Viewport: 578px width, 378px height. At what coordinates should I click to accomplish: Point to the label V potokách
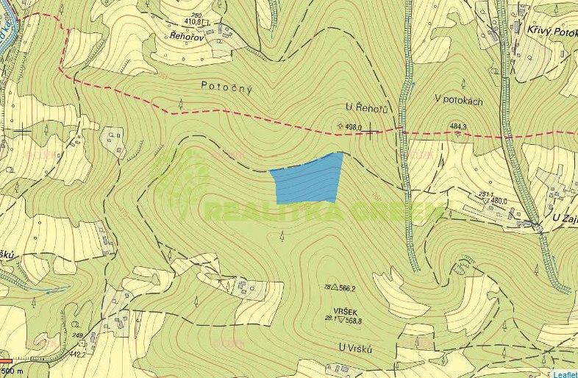[458, 101]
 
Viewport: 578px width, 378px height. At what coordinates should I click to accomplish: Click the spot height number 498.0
[356, 126]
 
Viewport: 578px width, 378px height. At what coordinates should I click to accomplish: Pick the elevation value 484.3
[458, 126]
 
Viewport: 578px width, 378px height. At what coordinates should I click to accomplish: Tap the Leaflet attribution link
[565, 374]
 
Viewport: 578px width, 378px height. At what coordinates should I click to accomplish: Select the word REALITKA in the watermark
[265, 213]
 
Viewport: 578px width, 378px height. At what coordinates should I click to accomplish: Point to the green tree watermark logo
[182, 184]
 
